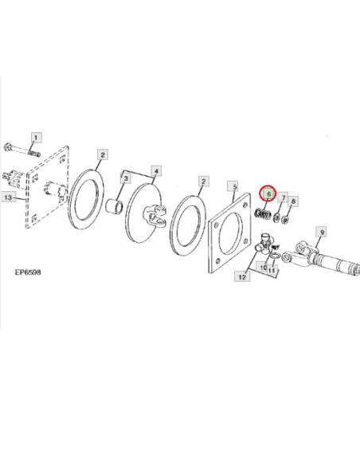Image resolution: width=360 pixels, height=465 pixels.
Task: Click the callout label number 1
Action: [x=36, y=138]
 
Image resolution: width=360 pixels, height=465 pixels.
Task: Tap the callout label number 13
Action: [x=8, y=197]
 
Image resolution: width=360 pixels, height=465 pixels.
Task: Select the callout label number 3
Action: [x=126, y=178]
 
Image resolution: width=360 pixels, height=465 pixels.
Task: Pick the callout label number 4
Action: [x=156, y=171]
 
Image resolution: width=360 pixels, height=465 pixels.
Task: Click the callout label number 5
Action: [x=235, y=187]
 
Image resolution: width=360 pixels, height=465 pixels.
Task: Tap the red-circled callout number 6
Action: [x=268, y=193]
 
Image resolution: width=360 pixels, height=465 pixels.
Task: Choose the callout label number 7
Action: [x=284, y=197]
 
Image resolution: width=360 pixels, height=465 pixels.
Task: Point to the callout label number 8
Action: [x=293, y=201]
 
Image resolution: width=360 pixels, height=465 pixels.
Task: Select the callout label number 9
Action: [x=322, y=232]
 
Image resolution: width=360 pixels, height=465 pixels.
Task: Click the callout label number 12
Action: [x=242, y=276]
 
